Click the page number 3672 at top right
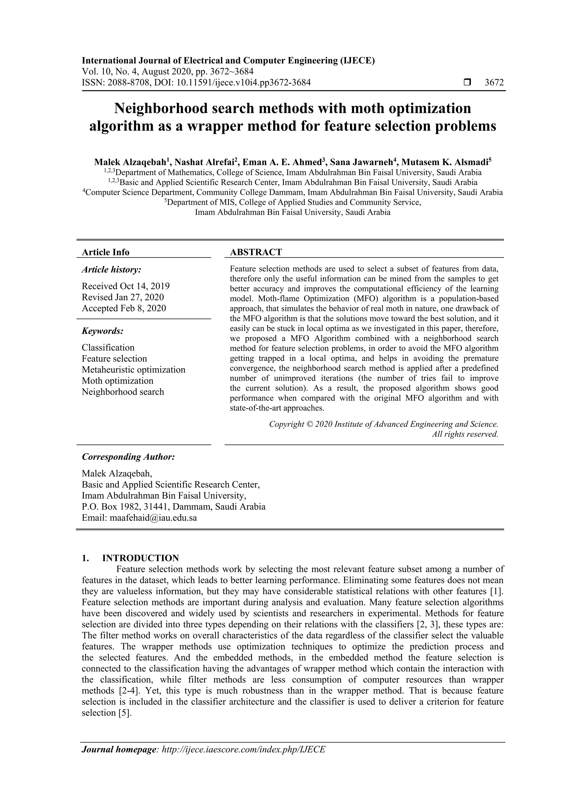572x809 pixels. click(494, 82)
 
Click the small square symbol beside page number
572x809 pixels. click(467, 82)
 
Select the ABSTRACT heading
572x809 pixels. click(256, 252)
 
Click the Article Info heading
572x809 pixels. click(105, 252)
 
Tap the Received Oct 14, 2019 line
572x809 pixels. click(126, 286)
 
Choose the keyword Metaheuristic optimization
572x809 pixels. click(134, 370)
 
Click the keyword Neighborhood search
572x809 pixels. click(123, 392)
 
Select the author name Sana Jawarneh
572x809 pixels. click(361, 162)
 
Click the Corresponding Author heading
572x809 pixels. click(128, 457)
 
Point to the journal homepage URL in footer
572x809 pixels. click(243, 759)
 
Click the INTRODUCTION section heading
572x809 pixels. click(140, 558)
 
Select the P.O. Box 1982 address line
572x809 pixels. click(173, 507)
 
